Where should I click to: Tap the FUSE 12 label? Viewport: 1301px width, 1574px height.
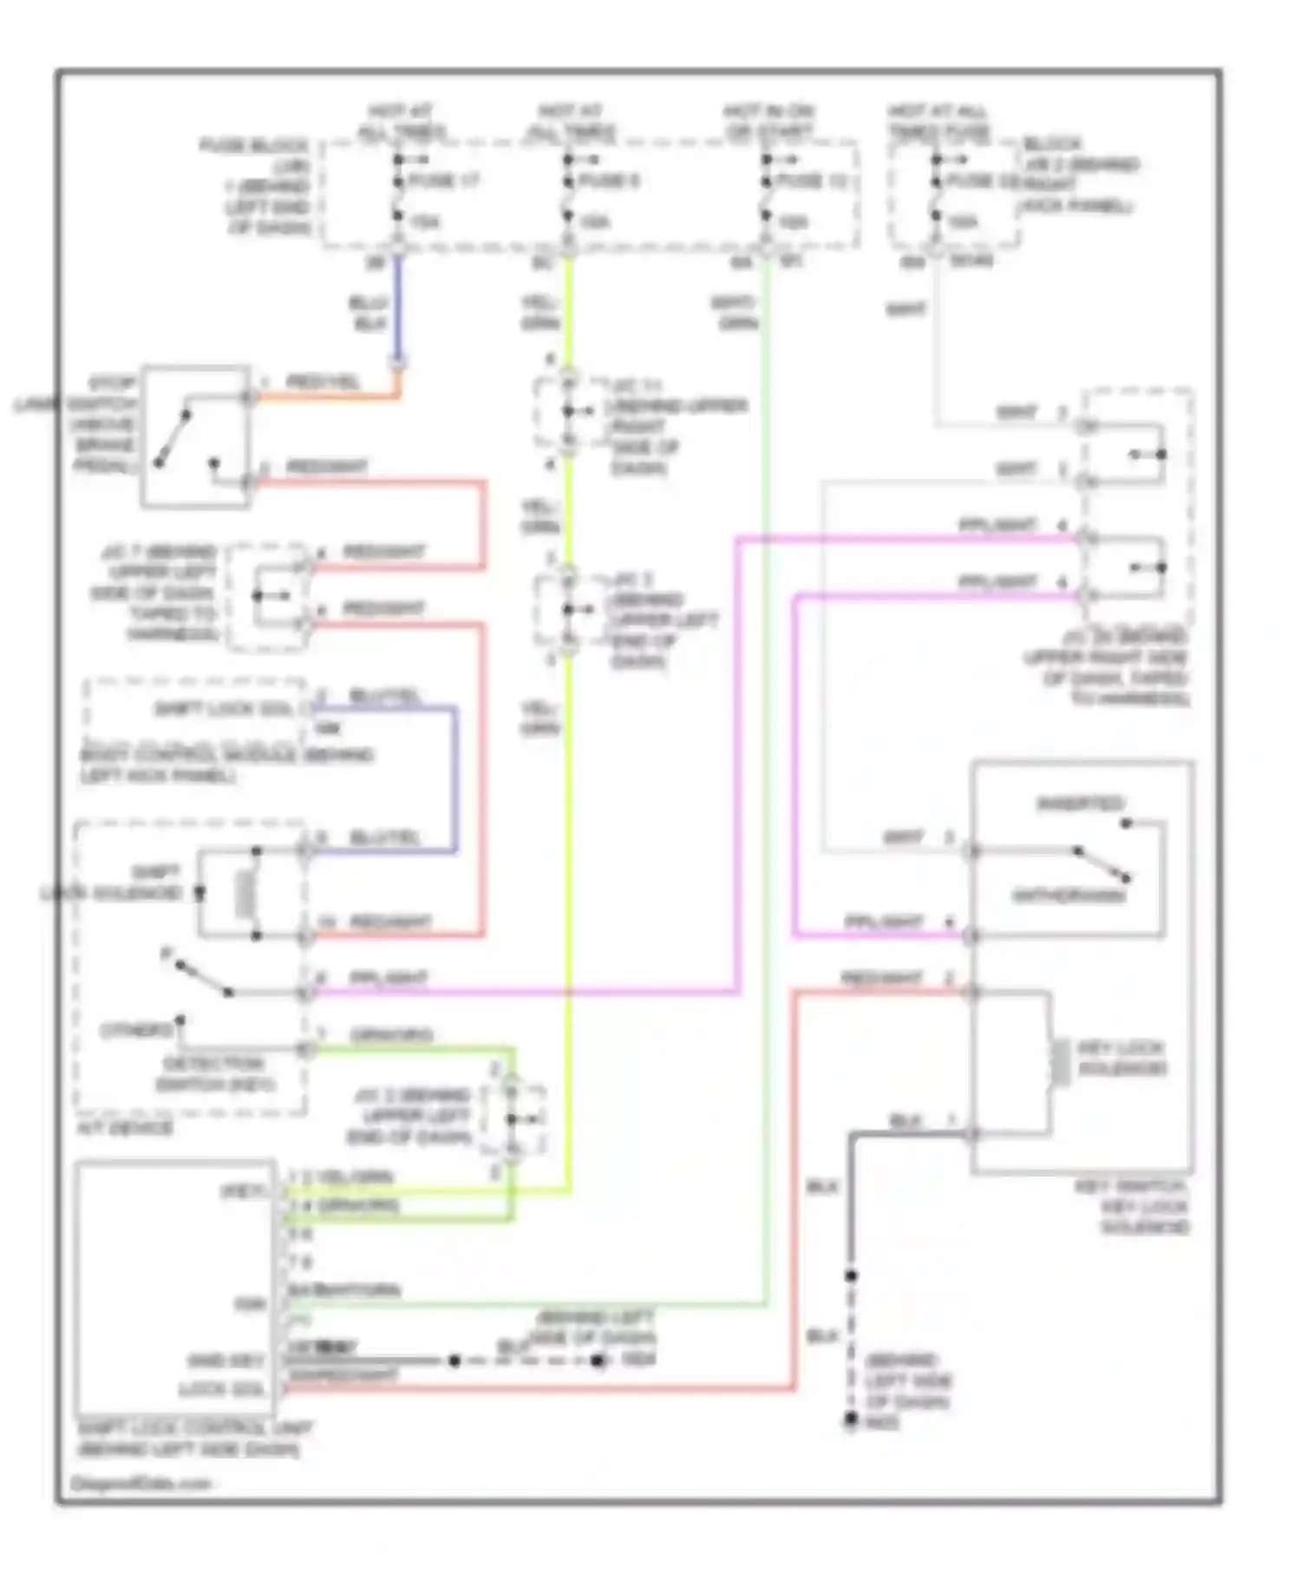[x=812, y=181]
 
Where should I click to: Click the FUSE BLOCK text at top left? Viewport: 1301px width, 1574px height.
[x=254, y=145]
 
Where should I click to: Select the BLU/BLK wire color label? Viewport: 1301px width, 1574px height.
[x=369, y=313]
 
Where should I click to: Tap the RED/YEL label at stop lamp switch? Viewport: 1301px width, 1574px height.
[x=323, y=382]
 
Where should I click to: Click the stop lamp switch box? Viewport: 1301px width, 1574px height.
[x=196, y=436]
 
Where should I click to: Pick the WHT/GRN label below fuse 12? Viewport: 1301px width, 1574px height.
[x=735, y=313]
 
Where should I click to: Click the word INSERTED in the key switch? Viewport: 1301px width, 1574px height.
[x=1080, y=803]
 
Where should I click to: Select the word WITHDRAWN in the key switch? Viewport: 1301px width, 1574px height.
[x=1069, y=895]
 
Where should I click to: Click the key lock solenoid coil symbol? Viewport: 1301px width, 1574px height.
[x=1059, y=1063]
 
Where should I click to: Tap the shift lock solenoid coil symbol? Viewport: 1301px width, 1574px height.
[x=245, y=894]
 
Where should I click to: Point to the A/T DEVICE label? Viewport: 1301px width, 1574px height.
[x=126, y=1128]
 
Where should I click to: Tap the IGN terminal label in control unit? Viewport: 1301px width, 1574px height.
[x=249, y=1304]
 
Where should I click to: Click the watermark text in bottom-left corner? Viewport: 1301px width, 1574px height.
[x=140, y=1483]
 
